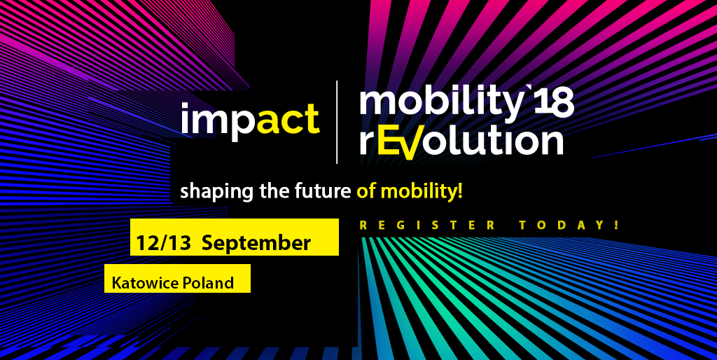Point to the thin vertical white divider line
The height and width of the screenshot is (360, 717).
pos(337,122)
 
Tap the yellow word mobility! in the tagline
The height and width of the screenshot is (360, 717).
pos(422,192)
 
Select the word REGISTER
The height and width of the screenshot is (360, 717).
pos(428,225)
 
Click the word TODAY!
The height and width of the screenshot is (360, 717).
pos(569,225)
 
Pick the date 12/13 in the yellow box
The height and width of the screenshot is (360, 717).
pos(164,242)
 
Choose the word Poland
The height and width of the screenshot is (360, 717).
pos(209,283)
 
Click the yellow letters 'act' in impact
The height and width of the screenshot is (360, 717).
pos(288,118)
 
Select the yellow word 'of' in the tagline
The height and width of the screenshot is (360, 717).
pos(367,191)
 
